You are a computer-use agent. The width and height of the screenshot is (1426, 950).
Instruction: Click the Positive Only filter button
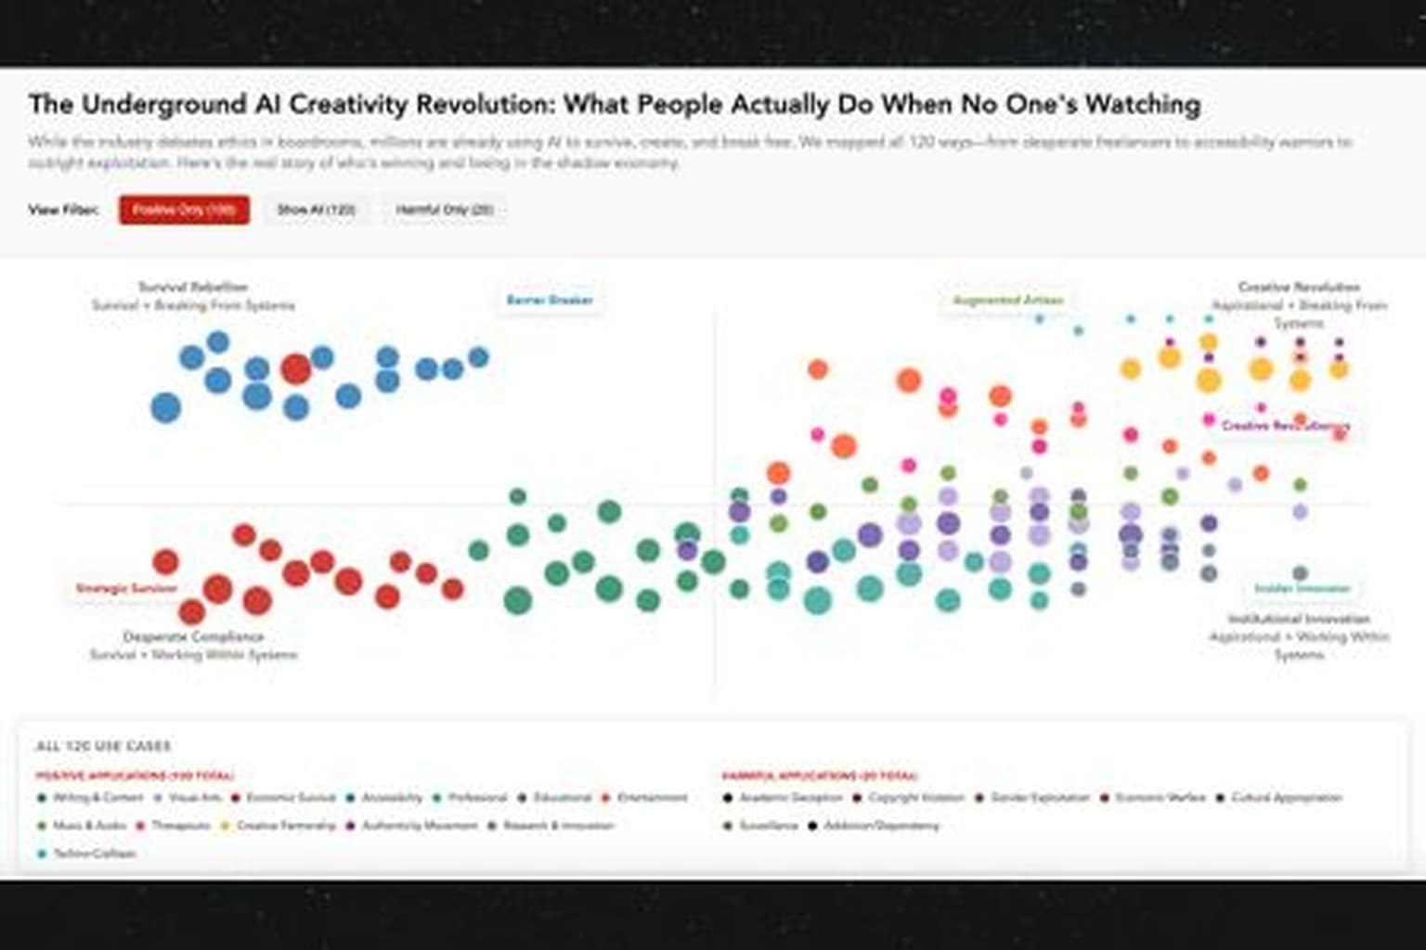pyautogui.click(x=184, y=210)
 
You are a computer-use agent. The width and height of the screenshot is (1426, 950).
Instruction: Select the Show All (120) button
pyautogui.click(x=316, y=210)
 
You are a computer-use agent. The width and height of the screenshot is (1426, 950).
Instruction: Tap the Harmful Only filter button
pyautogui.click(x=444, y=210)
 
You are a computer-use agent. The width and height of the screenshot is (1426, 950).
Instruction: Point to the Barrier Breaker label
pyautogui.click(x=549, y=301)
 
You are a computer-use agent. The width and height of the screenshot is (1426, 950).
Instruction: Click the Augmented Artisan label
pyautogui.click(x=1007, y=301)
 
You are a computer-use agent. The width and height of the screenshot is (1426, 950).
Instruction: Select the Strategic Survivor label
pyautogui.click(x=126, y=588)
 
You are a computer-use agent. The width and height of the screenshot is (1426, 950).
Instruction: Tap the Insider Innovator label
pyautogui.click(x=1302, y=588)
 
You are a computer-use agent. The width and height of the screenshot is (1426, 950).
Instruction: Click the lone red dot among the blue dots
pyautogui.click(x=295, y=368)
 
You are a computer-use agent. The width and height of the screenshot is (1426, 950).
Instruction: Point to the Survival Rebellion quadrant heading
pyautogui.click(x=193, y=288)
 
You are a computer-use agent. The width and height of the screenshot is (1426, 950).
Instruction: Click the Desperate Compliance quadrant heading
pyautogui.click(x=193, y=637)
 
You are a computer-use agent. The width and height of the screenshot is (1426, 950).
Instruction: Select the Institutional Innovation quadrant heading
pyautogui.click(x=1298, y=619)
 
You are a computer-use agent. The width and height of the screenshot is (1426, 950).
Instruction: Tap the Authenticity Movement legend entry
pyautogui.click(x=419, y=826)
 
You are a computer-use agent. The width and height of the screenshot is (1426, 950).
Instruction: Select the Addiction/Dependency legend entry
pyautogui.click(x=881, y=826)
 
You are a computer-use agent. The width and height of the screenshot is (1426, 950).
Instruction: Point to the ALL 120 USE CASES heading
pyautogui.click(x=103, y=747)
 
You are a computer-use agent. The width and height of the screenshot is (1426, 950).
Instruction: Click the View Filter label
pyautogui.click(x=63, y=210)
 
